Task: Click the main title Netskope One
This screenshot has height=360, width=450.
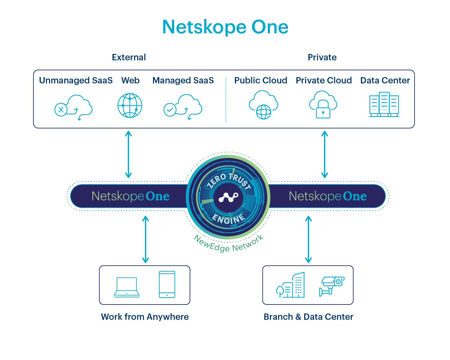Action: tap(225, 27)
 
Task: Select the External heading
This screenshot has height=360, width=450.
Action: tap(129, 57)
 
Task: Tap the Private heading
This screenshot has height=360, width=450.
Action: tap(322, 57)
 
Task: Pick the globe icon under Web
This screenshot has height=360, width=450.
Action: tap(130, 106)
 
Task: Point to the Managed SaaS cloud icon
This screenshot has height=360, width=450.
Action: tap(183, 107)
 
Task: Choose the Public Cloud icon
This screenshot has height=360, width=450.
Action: tap(263, 105)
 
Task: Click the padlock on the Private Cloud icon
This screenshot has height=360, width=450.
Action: tap(323, 112)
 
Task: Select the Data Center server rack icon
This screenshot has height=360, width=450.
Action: tap(384, 105)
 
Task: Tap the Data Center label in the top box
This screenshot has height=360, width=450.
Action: tap(385, 80)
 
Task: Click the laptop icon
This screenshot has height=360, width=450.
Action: tap(127, 287)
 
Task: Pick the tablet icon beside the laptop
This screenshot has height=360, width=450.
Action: tap(167, 284)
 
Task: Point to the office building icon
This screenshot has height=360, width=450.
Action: tap(291, 286)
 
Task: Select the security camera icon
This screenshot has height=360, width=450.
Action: tap(331, 286)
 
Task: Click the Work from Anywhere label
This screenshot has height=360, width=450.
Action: tap(145, 317)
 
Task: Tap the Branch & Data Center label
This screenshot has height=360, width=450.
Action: tap(308, 317)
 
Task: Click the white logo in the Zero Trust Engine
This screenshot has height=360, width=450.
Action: tap(228, 197)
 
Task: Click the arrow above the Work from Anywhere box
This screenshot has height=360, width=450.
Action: tap(145, 239)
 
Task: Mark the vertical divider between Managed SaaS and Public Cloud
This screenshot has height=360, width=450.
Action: tap(226, 100)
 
